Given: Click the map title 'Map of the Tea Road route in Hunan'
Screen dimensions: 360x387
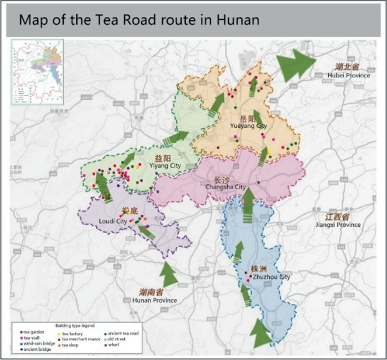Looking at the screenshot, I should pos(139,20).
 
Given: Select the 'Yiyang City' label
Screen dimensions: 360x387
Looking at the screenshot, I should pos(164,165).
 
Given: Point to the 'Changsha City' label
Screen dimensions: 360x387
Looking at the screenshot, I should pos(225,187).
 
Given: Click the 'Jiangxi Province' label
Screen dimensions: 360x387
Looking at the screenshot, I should pos(338,225).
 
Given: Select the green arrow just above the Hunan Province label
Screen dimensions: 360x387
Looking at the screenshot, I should pos(168,274).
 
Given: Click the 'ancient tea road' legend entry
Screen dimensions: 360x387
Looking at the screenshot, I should pos(122,334).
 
